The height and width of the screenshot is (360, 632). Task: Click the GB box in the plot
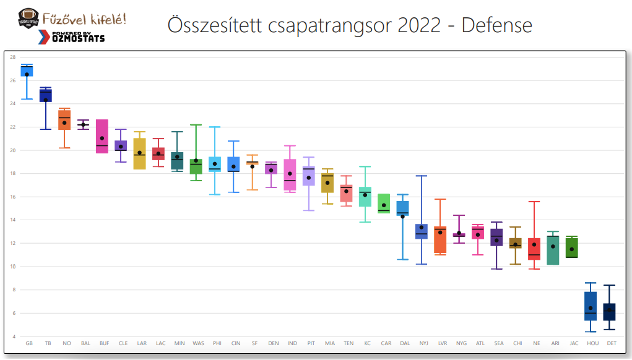click(x=27, y=71)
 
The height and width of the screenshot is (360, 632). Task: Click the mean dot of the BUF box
click(x=102, y=138)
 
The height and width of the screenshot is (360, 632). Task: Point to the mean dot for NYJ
click(x=422, y=228)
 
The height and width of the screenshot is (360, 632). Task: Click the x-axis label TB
click(x=48, y=343)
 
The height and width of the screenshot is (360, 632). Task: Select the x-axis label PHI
click(x=217, y=343)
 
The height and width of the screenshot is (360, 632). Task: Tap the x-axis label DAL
click(x=405, y=343)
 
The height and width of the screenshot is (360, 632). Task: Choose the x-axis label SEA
click(x=499, y=343)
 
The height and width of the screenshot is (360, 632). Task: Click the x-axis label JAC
click(x=574, y=343)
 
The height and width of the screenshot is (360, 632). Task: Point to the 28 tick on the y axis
click(x=12, y=57)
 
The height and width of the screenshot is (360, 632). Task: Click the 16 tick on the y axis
click(x=12, y=197)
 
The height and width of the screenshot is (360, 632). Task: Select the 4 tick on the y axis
click(x=13, y=336)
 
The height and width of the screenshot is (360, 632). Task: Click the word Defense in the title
click(x=497, y=25)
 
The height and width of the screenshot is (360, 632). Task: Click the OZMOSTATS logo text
click(x=79, y=38)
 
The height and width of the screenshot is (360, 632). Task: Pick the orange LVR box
click(x=440, y=240)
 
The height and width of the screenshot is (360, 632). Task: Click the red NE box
click(x=534, y=249)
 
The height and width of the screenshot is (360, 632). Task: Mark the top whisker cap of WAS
click(x=196, y=125)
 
